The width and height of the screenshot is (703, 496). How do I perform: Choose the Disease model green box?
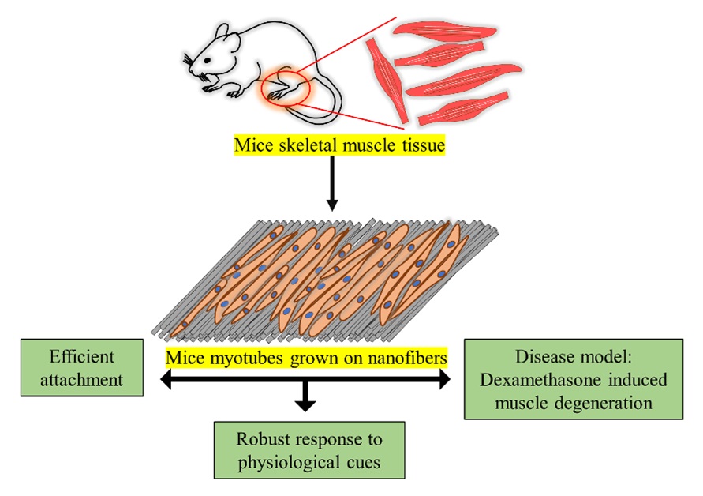(574, 379)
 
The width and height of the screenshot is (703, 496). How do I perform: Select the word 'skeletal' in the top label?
(303, 146)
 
